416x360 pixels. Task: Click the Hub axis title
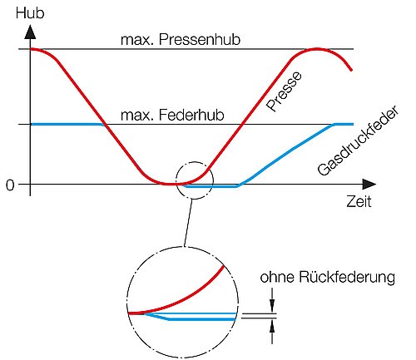(x=30, y=13)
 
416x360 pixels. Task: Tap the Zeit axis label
(x=359, y=201)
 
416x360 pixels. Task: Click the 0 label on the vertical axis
(x=10, y=185)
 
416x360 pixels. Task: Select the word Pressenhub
(x=200, y=40)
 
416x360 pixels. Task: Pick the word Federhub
(x=191, y=115)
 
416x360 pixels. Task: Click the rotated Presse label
(x=284, y=91)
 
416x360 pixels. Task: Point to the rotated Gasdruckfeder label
(x=359, y=141)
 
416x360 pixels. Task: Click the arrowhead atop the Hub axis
(x=30, y=32)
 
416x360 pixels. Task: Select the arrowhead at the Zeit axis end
(x=369, y=185)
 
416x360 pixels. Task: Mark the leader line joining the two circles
(x=188, y=223)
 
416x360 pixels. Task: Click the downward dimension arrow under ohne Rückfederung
(x=272, y=300)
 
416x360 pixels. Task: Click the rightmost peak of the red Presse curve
(x=317, y=49)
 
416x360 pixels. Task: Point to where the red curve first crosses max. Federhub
(x=105, y=124)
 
